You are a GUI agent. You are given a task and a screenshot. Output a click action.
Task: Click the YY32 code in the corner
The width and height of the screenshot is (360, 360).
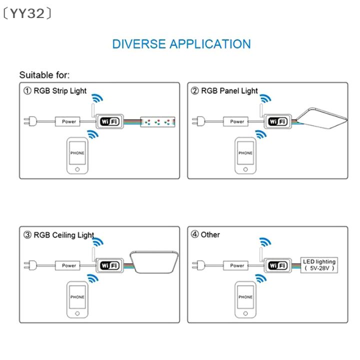[x=27, y=13]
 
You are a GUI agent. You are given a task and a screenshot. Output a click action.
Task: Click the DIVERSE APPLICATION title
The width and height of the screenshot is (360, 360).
[x=181, y=44]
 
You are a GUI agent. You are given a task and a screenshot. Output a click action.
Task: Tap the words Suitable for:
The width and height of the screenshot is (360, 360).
[x=44, y=75]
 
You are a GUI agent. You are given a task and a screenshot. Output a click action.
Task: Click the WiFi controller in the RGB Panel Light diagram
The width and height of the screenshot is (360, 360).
[x=278, y=121]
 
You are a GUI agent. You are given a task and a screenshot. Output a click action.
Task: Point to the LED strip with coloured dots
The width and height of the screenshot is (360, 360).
[x=157, y=122]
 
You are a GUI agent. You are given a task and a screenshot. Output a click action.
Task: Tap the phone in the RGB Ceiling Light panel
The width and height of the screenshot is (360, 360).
[x=77, y=299]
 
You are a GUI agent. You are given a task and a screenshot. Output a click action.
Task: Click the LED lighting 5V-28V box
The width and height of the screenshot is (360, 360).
[x=319, y=265]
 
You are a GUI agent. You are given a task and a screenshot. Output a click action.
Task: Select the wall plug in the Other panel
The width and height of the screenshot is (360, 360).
[x=198, y=265]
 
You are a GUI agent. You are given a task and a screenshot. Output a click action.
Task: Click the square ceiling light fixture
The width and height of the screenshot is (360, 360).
[x=154, y=262]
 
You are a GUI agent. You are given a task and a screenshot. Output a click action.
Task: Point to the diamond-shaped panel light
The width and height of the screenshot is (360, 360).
[x=322, y=118]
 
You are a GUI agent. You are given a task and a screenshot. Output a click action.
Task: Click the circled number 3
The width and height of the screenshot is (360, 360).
[x=27, y=235]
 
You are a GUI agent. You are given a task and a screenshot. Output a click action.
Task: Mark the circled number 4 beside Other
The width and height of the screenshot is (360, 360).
[x=194, y=234]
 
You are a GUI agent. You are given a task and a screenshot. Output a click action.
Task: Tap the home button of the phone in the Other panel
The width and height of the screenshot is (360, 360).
[x=245, y=313]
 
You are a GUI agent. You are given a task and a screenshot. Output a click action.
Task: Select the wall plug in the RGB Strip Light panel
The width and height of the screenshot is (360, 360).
[x=30, y=121]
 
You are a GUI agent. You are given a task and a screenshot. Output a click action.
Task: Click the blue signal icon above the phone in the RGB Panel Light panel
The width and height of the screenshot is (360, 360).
[x=261, y=134]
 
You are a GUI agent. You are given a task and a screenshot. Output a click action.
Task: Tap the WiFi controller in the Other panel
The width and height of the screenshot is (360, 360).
[x=278, y=265]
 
